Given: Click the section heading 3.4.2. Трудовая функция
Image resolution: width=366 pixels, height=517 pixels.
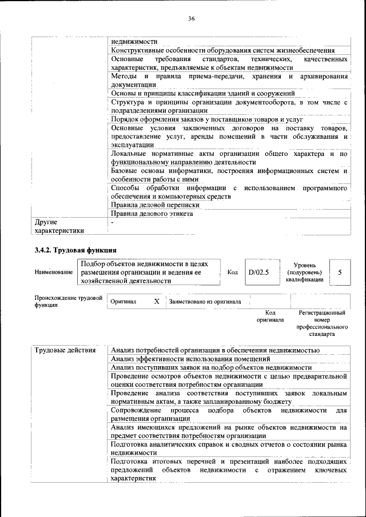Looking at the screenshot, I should (75, 250).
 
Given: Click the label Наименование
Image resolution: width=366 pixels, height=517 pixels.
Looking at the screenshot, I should (53, 272).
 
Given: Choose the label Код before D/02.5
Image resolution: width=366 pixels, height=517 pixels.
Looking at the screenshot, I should (232, 272).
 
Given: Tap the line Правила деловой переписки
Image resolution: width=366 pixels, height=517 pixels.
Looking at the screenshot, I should (155, 204).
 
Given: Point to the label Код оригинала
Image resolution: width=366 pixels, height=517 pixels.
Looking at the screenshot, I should (270, 316).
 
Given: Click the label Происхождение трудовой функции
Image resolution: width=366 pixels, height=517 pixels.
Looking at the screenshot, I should (68, 301).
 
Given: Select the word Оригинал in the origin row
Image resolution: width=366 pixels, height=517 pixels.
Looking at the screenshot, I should (123, 301).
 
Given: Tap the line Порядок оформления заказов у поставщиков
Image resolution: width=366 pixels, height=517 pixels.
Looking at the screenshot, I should (206, 119).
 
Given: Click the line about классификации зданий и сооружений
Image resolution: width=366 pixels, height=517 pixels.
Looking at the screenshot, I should (203, 93).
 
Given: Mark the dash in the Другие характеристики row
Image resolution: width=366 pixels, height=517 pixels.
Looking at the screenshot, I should (113, 222).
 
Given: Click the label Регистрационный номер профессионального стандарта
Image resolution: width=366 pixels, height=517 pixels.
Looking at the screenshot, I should (322, 323).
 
